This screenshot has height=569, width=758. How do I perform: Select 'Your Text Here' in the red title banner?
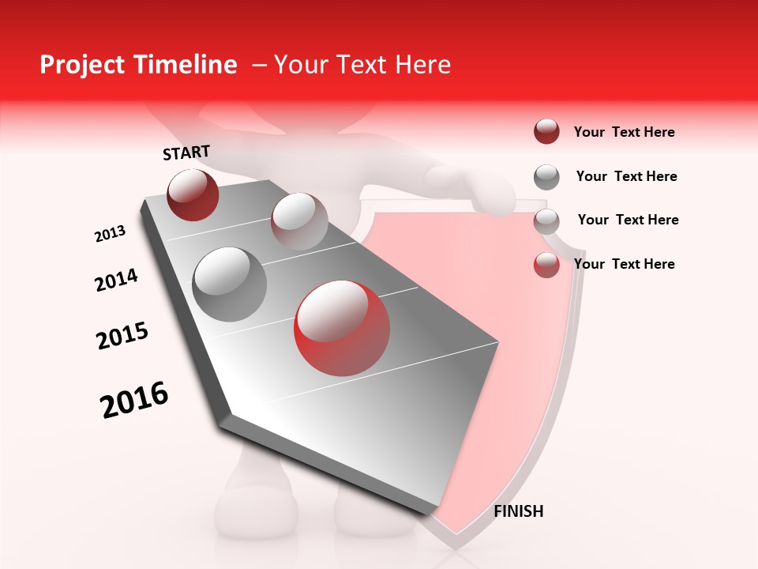[x=362, y=65]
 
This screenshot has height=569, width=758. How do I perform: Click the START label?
[x=186, y=153]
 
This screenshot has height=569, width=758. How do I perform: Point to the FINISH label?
[x=518, y=511]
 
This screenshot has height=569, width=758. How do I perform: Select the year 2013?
[x=110, y=234]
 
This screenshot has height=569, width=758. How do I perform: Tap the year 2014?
[x=116, y=280]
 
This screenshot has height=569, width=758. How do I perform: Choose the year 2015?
[x=122, y=336]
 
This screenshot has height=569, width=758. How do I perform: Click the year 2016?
[x=134, y=400]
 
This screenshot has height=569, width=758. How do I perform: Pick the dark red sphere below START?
[x=193, y=194]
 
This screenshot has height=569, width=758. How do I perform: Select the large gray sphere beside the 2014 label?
[x=229, y=284]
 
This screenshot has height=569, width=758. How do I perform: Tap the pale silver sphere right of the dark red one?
[x=299, y=221]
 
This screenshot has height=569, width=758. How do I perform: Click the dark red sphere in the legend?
[x=546, y=131]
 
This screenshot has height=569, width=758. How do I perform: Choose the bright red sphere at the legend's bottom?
[x=546, y=264]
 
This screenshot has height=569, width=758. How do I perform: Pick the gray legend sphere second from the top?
[x=546, y=176]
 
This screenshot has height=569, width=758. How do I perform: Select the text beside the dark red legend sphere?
[x=624, y=132]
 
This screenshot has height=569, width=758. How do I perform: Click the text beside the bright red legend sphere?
[x=624, y=264]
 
